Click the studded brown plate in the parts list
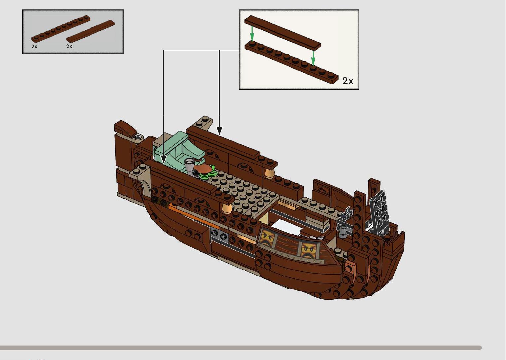point(61,29)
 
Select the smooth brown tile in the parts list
point(90,31)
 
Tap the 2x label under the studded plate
point(34,46)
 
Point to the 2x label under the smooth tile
point(69,46)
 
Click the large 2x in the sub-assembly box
point(348,81)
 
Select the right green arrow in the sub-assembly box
point(313,57)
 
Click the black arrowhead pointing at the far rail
point(219,131)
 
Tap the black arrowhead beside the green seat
point(163,160)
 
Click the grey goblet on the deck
point(189,166)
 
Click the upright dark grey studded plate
point(379,211)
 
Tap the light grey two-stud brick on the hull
point(219,236)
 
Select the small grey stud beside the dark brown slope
point(138,137)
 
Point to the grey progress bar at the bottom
point(240,348)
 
